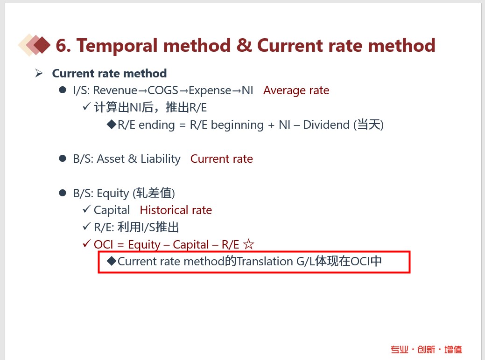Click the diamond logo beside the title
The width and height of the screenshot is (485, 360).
click(35, 45)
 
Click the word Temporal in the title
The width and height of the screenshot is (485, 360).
click(117, 46)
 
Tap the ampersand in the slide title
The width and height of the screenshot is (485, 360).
click(244, 45)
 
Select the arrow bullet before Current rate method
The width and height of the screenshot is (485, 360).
click(39, 73)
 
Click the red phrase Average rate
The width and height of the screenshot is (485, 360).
click(296, 90)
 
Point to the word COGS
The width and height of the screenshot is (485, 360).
click(163, 90)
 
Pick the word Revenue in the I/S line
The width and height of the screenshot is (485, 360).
click(115, 90)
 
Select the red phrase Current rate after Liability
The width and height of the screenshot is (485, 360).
click(221, 159)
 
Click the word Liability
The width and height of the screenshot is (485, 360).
click(161, 159)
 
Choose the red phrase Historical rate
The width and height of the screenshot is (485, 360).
click(176, 210)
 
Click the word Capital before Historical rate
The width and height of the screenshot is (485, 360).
click(112, 210)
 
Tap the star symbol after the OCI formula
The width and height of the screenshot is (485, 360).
click(248, 244)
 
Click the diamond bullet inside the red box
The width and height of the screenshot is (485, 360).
click(112, 261)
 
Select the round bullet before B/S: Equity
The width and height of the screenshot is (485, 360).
click(63, 193)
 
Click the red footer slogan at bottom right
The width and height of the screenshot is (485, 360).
click(426, 349)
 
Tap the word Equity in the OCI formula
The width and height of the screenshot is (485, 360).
click(144, 245)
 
